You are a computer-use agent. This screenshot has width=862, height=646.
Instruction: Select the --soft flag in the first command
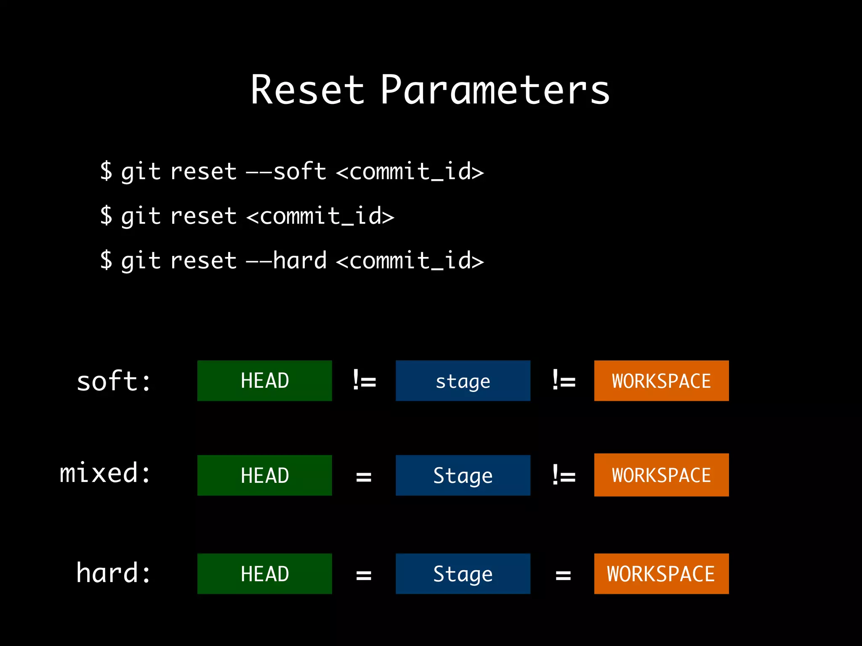point(286,172)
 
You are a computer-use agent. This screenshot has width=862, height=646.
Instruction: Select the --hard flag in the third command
point(286,260)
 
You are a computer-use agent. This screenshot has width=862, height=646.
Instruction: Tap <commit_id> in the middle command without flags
point(320,216)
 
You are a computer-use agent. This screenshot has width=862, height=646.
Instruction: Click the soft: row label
point(114,381)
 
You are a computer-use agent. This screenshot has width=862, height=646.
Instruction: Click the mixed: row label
point(105,473)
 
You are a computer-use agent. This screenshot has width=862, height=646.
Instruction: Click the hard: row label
point(114,573)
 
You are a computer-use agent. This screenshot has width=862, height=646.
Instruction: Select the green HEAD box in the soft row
point(264,381)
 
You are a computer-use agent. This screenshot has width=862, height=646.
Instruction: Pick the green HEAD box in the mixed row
point(264,475)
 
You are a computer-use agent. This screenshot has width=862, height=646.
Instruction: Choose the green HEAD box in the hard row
point(264,574)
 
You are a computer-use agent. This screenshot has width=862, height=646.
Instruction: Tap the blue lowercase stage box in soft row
point(463,381)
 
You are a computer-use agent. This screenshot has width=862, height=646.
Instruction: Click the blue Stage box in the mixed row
point(463,475)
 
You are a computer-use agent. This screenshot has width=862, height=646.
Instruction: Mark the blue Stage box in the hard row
point(463,574)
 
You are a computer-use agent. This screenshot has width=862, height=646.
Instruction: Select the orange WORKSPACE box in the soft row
point(661,381)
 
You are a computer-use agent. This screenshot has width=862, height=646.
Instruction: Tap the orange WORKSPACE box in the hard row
point(661,574)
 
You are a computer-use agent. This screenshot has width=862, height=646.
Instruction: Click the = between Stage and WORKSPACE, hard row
point(563,575)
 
